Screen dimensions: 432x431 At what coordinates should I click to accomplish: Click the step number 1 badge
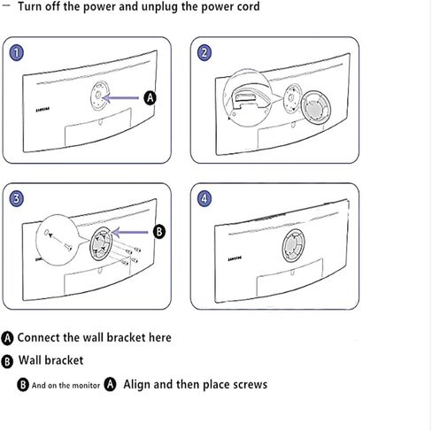point(17,53)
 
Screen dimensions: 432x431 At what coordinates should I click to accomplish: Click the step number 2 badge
point(204,53)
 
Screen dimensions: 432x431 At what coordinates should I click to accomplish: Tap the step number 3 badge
point(17,198)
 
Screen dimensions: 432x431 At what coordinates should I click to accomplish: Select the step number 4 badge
point(204,198)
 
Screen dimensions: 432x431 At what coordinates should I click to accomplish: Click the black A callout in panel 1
point(150,98)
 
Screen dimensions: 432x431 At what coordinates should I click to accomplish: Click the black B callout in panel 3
point(159,232)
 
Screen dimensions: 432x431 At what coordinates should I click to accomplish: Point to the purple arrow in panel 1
point(120,97)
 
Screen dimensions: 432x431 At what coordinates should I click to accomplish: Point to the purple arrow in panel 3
point(130,232)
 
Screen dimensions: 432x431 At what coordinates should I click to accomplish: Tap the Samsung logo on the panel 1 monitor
point(42,110)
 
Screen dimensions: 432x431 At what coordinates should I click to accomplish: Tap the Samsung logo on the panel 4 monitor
point(235,258)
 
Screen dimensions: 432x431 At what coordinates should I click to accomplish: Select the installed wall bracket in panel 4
point(293,246)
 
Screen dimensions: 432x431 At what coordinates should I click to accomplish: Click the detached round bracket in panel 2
point(316,108)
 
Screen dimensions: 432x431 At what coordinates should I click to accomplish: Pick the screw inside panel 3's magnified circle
point(67,247)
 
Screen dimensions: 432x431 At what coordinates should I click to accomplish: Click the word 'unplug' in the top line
point(159,7)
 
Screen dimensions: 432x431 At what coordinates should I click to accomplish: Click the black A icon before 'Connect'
point(7,338)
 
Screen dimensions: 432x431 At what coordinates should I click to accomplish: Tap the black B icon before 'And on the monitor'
point(23,385)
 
